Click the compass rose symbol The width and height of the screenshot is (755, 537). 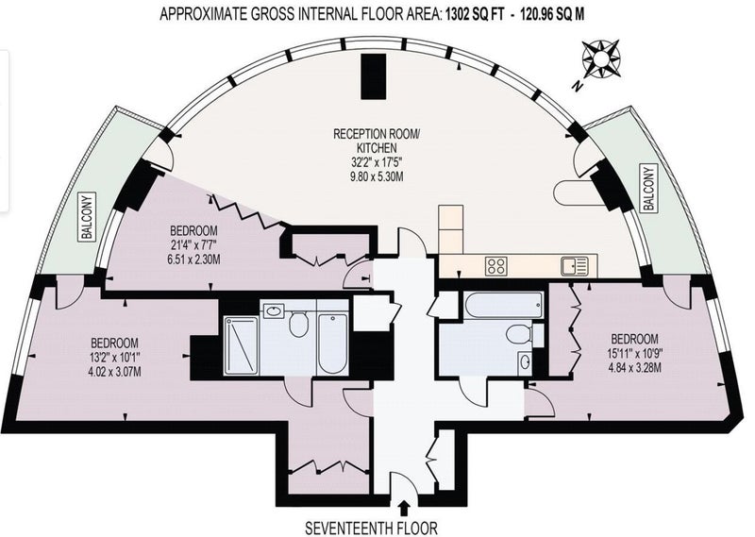[x=601, y=59]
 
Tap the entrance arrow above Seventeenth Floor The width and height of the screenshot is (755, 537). [x=405, y=509]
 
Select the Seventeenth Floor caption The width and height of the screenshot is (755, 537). [x=371, y=528]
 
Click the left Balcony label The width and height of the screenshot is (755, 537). [x=88, y=217]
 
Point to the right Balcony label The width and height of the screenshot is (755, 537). [x=649, y=188]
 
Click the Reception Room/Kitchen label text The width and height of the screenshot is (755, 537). [x=377, y=141]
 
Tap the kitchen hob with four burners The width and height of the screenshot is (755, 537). [x=496, y=266]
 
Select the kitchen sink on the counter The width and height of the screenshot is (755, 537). [x=575, y=266]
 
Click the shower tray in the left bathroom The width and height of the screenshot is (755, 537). [x=242, y=344]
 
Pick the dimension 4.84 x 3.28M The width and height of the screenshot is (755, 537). [x=634, y=368]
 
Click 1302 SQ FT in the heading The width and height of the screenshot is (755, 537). [x=476, y=14]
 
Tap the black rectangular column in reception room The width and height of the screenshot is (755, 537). [x=374, y=76]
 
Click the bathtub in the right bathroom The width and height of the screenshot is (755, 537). [x=504, y=305]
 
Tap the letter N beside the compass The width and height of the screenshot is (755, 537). [x=578, y=86]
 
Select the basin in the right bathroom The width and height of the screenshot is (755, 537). [x=526, y=361]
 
